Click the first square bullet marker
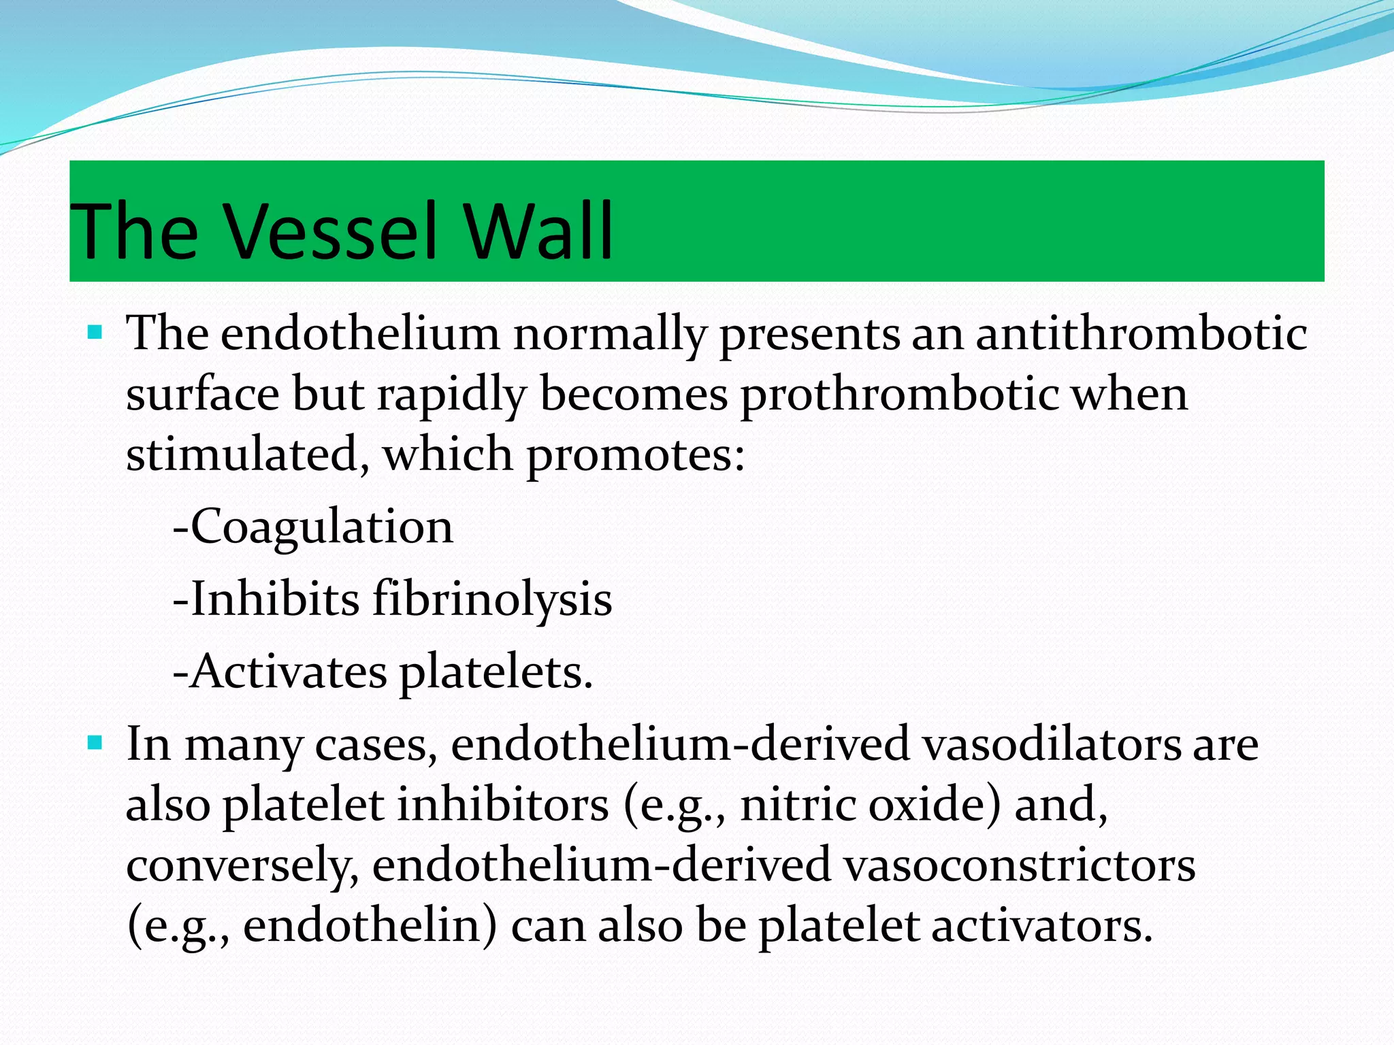95,333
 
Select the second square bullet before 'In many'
95,742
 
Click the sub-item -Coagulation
313,527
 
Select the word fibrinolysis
491,600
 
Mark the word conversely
242,866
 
